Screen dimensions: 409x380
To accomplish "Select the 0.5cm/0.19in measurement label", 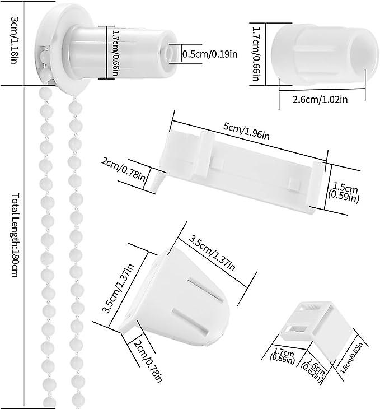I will [211, 54].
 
